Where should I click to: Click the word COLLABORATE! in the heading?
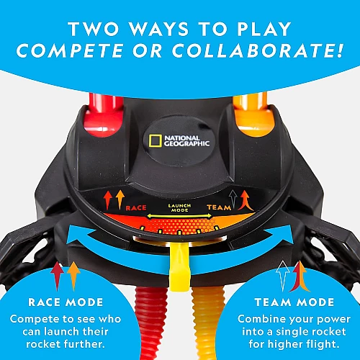click(258, 50)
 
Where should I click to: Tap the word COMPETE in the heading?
click(70, 50)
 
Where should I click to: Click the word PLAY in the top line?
click(264, 29)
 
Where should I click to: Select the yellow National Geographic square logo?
click(155, 141)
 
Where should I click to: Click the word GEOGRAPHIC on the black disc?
click(186, 144)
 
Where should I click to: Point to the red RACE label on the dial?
click(136, 207)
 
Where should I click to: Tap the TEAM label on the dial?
click(219, 207)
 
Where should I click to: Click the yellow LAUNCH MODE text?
click(179, 208)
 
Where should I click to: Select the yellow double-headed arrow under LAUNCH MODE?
click(179, 216)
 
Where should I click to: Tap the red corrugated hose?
click(150, 323)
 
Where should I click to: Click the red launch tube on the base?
click(104, 115)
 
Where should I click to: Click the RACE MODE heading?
click(66, 302)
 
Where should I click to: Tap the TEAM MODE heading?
click(294, 302)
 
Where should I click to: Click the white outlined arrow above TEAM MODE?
click(283, 276)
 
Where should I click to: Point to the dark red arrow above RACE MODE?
click(57, 276)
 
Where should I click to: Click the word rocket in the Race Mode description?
click(42, 344)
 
